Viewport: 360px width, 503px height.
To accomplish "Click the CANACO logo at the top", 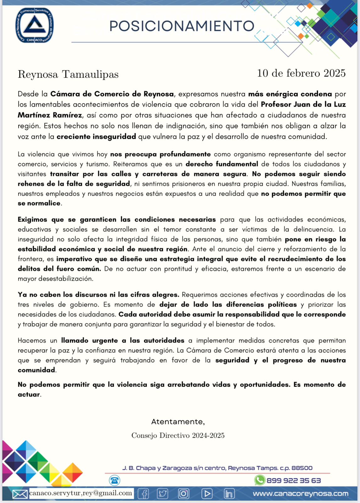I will click(x=35, y=25).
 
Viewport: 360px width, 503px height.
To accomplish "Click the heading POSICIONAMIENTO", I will click(x=182, y=26).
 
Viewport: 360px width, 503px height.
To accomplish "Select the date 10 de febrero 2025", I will click(x=301, y=73).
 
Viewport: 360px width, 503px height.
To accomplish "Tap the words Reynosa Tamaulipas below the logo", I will click(x=68, y=75).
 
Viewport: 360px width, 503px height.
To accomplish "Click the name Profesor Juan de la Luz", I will click(x=303, y=104).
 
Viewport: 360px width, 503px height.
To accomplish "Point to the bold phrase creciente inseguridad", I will click(x=96, y=136).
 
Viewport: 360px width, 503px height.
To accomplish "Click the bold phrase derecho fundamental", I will click(x=222, y=164).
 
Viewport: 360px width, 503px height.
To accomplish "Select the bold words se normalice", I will click(x=39, y=203).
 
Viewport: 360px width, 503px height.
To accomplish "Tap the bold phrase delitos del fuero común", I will click(x=59, y=269).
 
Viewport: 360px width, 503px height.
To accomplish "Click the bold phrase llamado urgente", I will click(x=90, y=340).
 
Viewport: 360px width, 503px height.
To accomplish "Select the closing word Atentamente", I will click(x=178, y=422).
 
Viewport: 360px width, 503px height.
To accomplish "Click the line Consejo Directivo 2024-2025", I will click(x=178, y=435).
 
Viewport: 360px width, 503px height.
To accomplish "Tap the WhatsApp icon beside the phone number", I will click(x=259, y=480).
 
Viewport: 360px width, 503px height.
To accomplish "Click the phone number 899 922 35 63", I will click(x=293, y=480).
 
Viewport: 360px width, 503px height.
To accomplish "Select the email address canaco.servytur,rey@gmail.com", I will click(x=80, y=493).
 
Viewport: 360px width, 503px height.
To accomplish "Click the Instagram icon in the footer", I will click(x=183, y=494).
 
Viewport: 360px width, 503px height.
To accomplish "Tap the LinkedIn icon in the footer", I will click(x=229, y=494).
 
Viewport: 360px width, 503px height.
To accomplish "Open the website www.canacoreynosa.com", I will click(x=300, y=494).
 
